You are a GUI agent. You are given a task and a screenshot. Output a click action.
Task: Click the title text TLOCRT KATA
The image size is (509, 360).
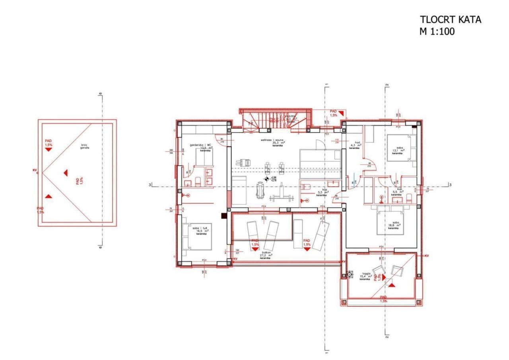pyautogui.click(x=450, y=19)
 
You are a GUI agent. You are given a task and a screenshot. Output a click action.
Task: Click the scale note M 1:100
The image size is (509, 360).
pyautogui.click(x=437, y=31)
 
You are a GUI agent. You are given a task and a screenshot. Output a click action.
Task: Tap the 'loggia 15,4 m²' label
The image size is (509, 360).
pyautogui.click(x=365, y=276)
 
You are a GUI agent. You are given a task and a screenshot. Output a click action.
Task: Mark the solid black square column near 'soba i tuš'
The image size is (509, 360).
pyautogui.click(x=224, y=216)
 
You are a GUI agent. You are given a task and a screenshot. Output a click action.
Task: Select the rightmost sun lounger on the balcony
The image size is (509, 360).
pyautogui.click(x=321, y=235)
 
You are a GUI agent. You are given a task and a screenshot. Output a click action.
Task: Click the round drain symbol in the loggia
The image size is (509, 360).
pyautogui.click(x=350, y=274)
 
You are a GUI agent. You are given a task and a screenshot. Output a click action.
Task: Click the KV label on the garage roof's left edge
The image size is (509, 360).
pyautogui.click(x=35, y=170)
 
